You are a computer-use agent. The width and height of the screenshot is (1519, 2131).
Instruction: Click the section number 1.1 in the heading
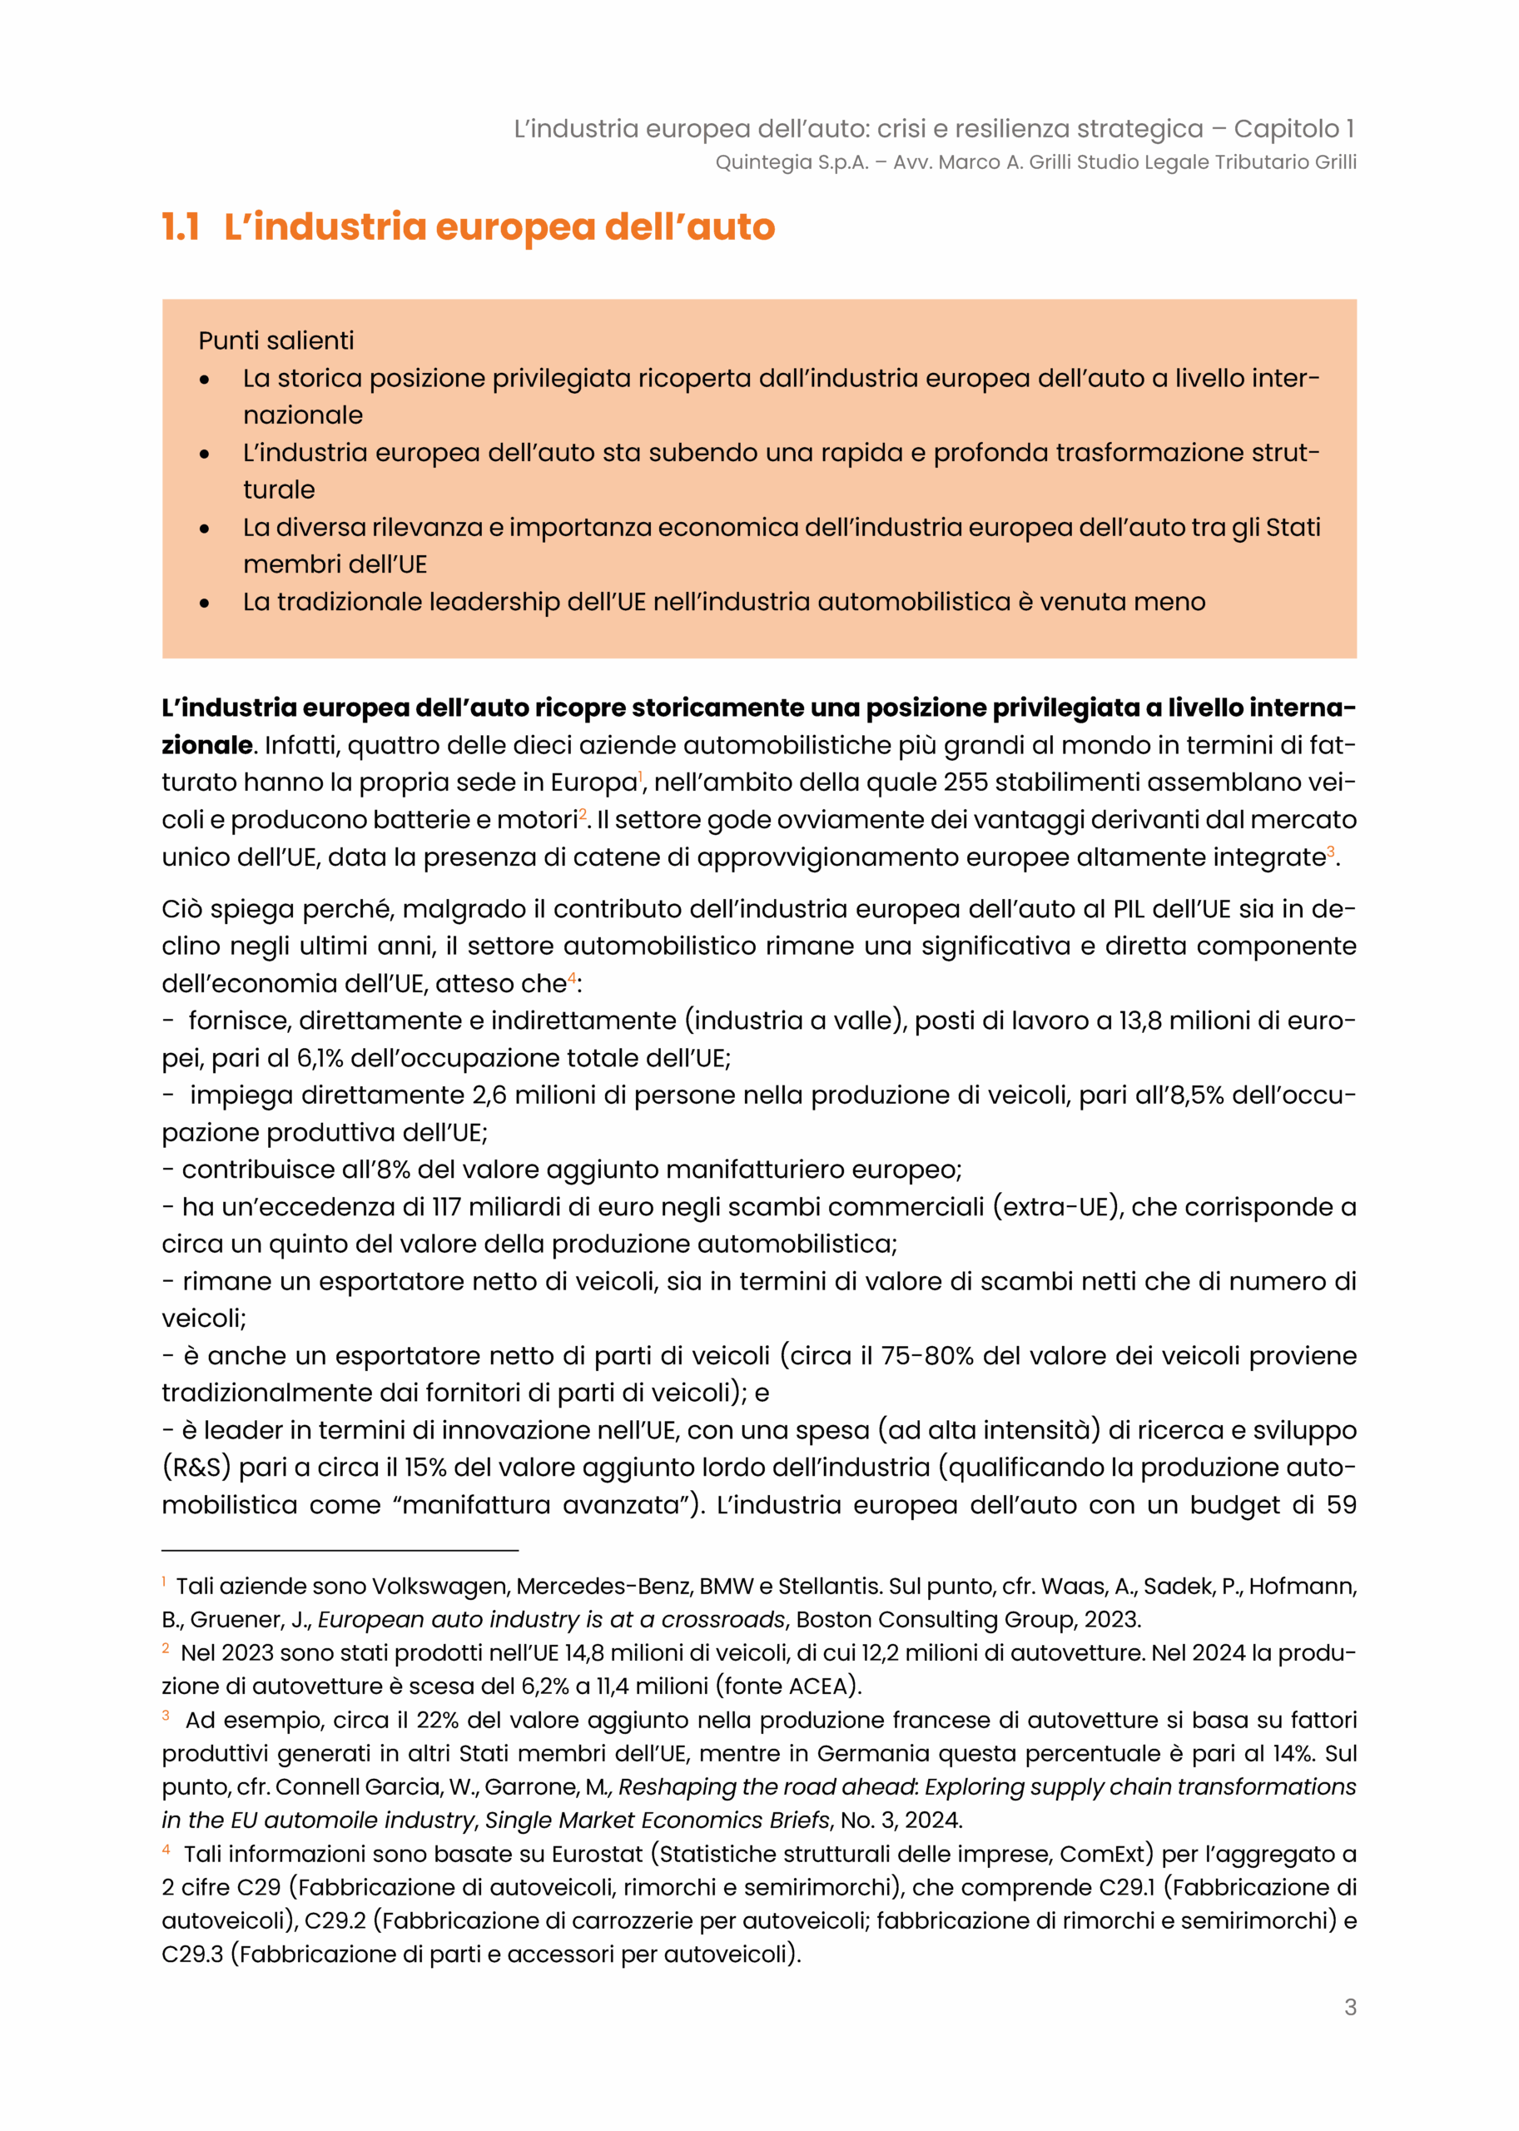click(x=181, y=227)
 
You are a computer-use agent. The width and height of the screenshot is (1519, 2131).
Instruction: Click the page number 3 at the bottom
click(x=1350, y=2007)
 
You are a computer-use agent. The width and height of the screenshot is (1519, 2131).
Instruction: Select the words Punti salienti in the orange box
click(x=276, y=340)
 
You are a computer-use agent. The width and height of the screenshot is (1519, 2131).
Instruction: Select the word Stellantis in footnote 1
click(x=829, y=1587)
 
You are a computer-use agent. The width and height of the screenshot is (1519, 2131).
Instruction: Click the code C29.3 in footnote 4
click(x=191, y=1955)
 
